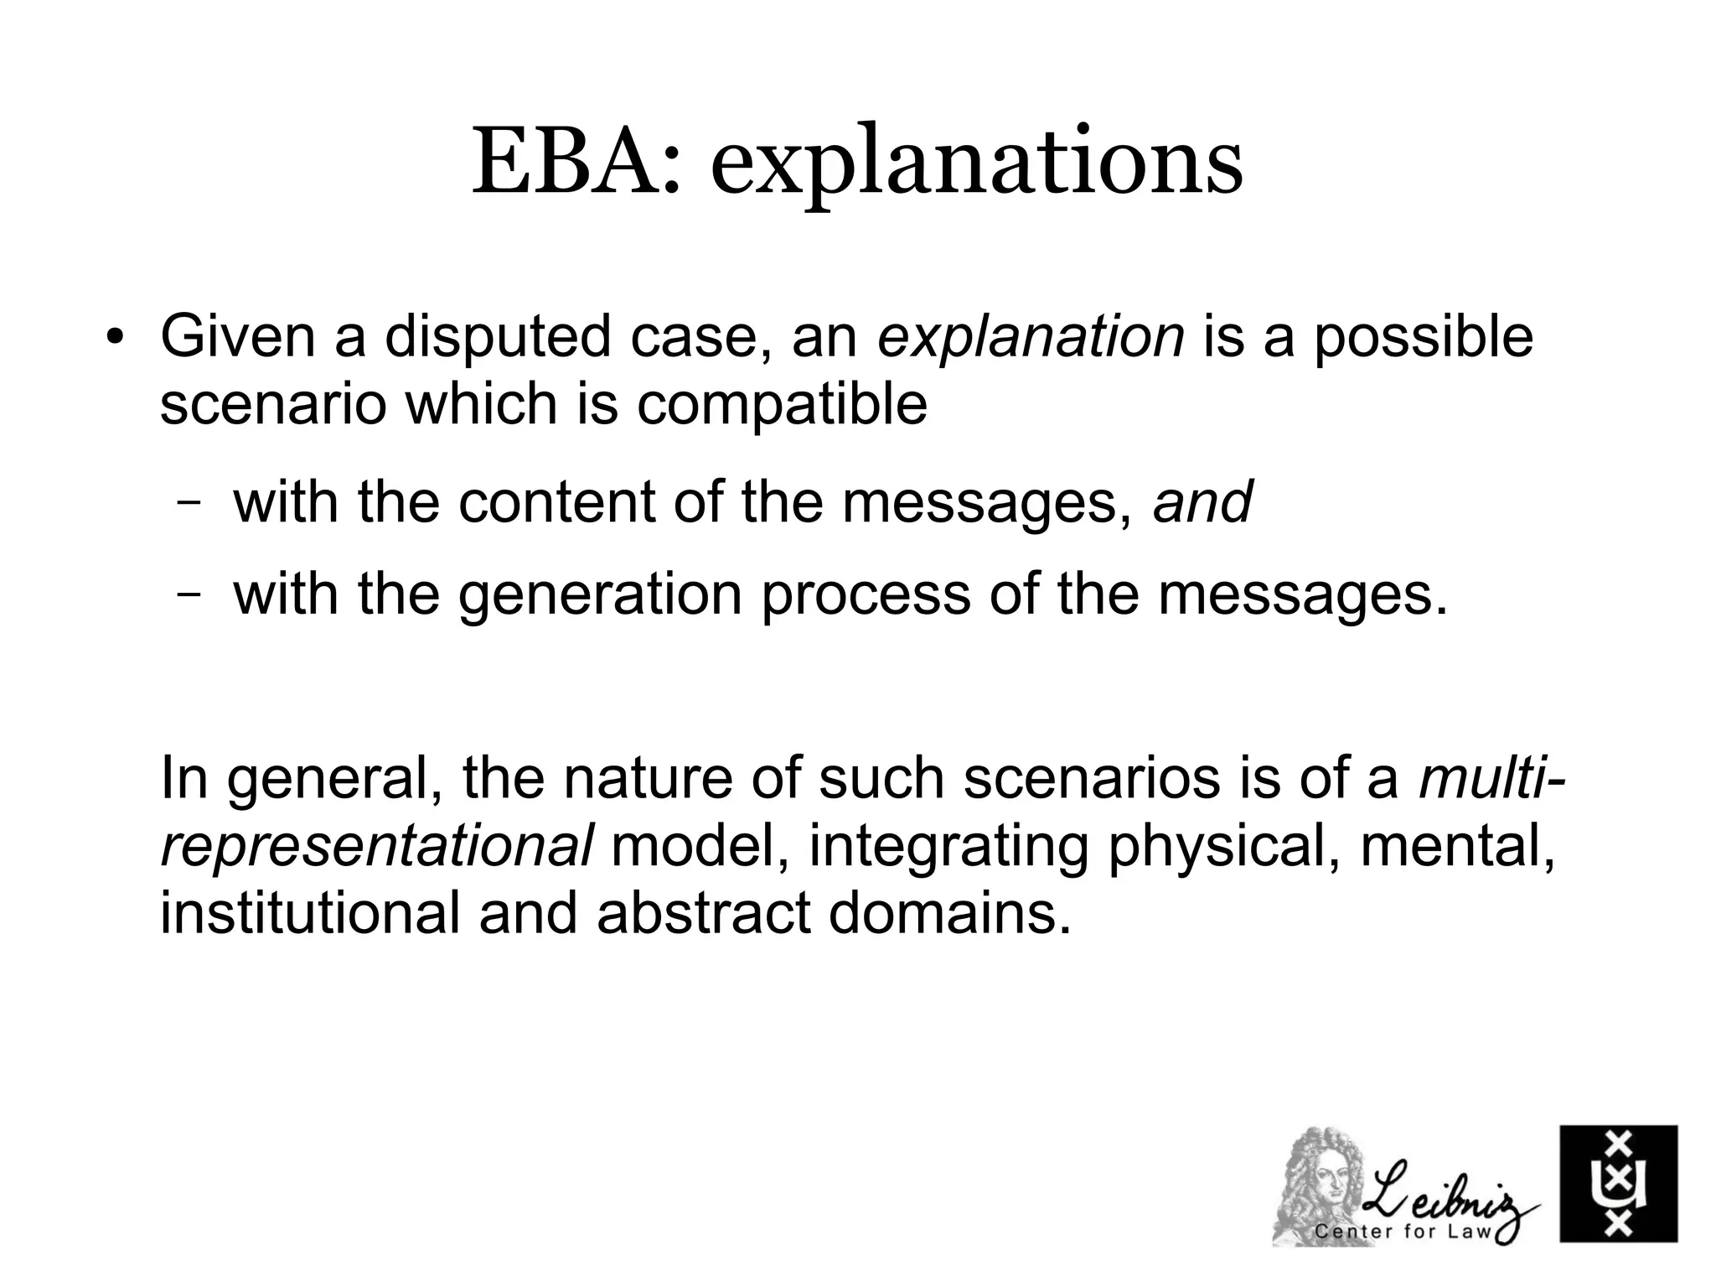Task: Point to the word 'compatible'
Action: pyautogui.click(x=782, y=405)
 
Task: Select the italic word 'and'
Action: pyautogui.click(x=1202, y=502)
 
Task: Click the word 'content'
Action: pyautogui.click(x=556, y=502)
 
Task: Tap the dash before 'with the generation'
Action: pyautogui.click(x=190, y=596)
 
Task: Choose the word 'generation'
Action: pyautogui.click(x=600, y=594)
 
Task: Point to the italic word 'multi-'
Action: pyautogui.click(x=1491, y=777)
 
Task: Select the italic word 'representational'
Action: pyautogui.click(x=376, y=846)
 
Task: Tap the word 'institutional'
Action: pyautogui.click(x=309, y=912)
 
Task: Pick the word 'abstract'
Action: pyautogui.click(x=704, y=912)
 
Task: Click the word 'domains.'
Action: pyautogui.click(x=950, y=912)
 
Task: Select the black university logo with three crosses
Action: pyautogui.click(x=1617, y=1183)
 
